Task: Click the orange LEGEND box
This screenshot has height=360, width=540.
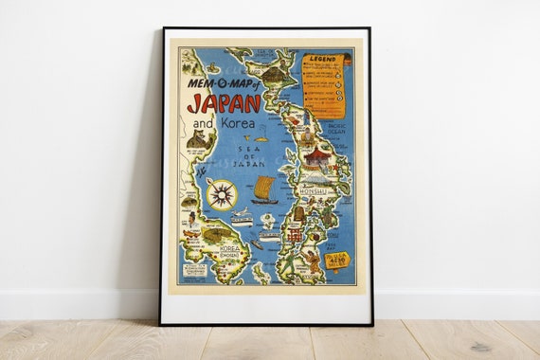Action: click(324, 84)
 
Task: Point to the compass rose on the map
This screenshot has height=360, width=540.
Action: click(222, 195)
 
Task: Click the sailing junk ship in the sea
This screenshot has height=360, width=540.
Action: click(264, 190)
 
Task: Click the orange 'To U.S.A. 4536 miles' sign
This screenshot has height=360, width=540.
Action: click(338, 259)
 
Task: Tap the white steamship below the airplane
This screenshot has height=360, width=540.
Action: click(243, 223)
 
